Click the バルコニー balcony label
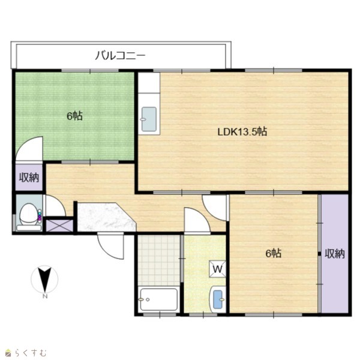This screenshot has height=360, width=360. (x=121, y=56)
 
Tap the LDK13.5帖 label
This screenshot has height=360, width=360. (x=242, y=132)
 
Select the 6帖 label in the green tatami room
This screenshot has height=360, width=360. (x=75, y=116)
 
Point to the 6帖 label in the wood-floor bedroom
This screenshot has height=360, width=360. (x=274, y=253)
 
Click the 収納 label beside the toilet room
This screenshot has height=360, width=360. (x=29, y=177)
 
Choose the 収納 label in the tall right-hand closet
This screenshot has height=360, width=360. (x=335, y=253)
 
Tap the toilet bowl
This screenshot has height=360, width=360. (x=29, y=214)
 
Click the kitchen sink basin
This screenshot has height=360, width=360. (x=149, y=119)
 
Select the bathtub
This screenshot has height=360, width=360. (x=159, y=299)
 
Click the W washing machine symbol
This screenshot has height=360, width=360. (x=217, y=269)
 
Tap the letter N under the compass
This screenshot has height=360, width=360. (x=45, y=296)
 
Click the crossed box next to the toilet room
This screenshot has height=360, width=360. (x=59, y=226)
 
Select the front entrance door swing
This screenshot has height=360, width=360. (x=110, y=245)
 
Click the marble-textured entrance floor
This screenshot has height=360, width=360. (x=106, y=217)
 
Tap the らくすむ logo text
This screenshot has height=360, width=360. (x=31, y=353)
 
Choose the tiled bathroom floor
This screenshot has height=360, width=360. (x=159, y=260)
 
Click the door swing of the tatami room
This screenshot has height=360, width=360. (x=29, y=149)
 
